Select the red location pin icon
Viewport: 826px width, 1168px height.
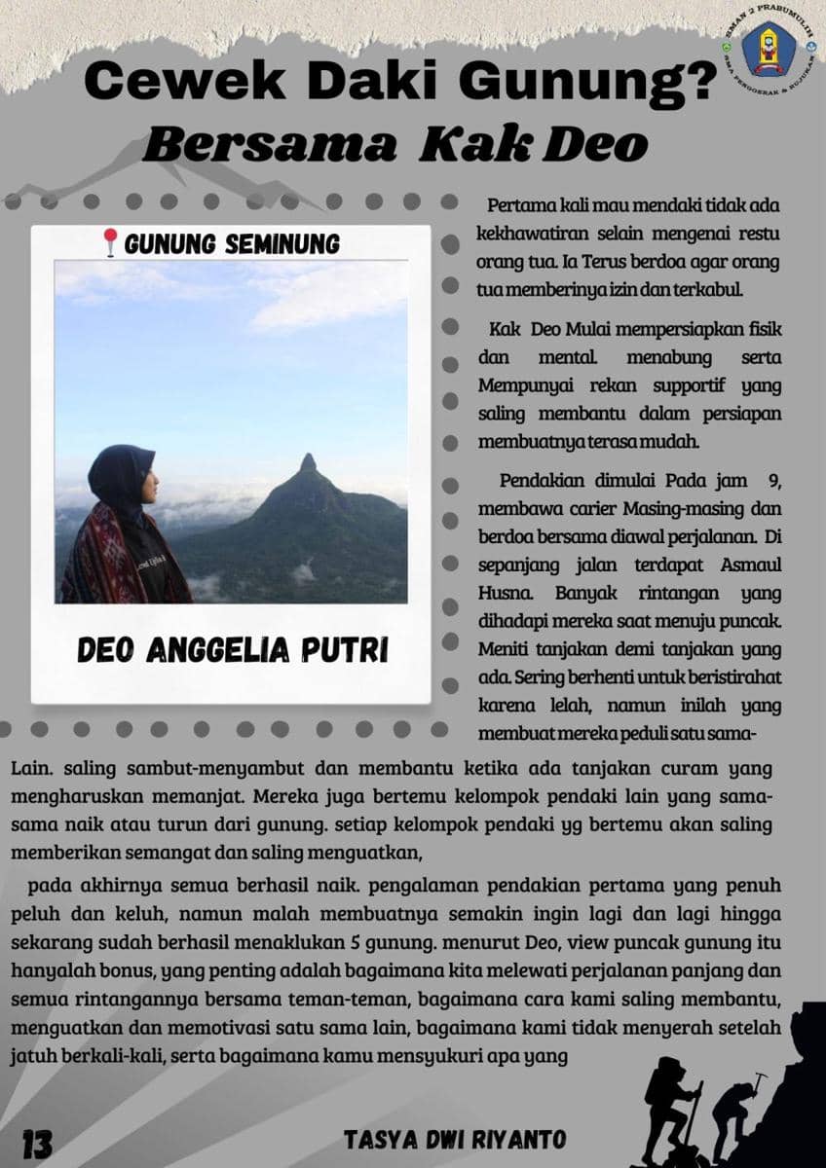110,242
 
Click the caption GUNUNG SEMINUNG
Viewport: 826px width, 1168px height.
232,243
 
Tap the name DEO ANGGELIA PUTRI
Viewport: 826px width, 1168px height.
232,650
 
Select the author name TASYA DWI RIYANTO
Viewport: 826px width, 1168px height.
455,1140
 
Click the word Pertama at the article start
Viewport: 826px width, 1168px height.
522,206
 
